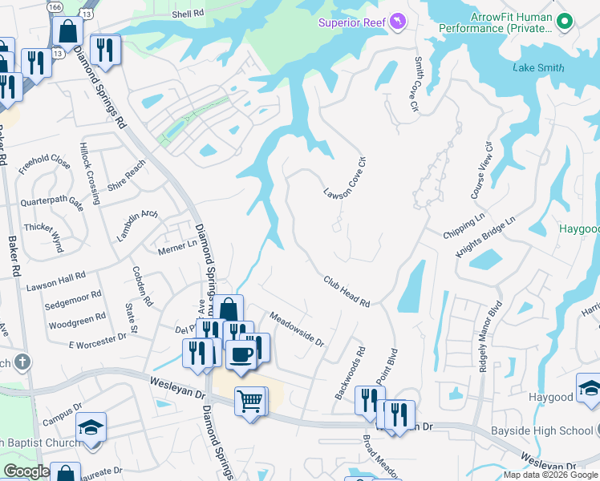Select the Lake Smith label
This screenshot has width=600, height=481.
[x=538, y=68]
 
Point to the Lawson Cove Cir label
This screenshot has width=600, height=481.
[x=345, y=178]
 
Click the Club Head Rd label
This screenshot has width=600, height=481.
[x=347, y=292]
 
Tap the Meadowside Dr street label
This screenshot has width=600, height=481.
[x=296, y=329]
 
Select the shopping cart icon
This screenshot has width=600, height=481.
[x=249, y=400]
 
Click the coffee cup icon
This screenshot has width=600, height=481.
[x=240, y=354]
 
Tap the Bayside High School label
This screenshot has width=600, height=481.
[x=553, y=431]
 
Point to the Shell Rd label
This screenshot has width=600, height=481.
[x=189, y=14]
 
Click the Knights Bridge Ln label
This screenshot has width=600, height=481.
[x=485, y=237]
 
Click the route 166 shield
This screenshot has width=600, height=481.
[x=55, y=6]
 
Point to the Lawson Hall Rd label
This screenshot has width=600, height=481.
[x=55, y=281]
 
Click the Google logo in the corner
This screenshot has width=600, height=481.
[x=26, y=471]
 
